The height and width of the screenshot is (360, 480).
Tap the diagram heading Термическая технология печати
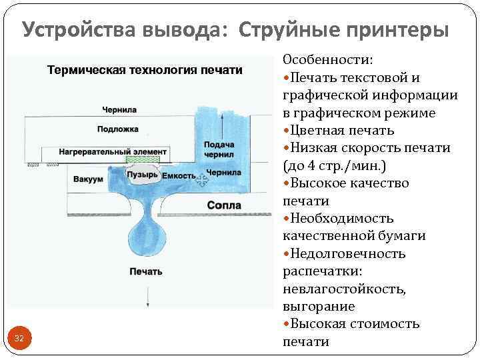click(x=144, y=70)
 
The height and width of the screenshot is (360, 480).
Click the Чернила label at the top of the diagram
click(x=120, y=109)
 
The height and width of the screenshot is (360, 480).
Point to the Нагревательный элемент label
click(x=113, y=152)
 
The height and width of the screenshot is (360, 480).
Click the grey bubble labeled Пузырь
click(x=143, y=175)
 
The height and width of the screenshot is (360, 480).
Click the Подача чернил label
click(x=219, y=149)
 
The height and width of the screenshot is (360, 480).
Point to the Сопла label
click(x=223, y=206)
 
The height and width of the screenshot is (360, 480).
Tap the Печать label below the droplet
click(x=146, y=271)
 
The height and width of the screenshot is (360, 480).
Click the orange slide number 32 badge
click(x=19, y=339)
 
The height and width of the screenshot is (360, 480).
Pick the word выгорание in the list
click(x=319, y=306)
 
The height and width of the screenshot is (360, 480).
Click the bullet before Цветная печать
click(x=287, y=131)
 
